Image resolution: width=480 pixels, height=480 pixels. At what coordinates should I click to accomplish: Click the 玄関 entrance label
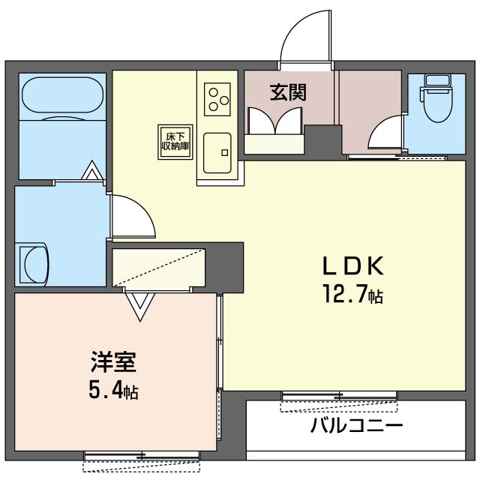tap(288, 92)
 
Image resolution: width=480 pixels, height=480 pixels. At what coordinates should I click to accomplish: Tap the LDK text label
tap(353, 265)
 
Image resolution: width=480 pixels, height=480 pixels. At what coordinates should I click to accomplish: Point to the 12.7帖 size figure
tap(353, 295)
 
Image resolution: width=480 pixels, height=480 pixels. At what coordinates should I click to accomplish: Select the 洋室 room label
tap(113, 362)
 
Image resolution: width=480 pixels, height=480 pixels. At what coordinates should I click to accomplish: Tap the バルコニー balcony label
tap(356, 425)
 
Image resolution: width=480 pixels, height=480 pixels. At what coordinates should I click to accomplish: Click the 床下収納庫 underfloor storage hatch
tap(175, 142)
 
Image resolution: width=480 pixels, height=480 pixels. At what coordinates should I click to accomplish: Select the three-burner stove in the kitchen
tap(217, 99)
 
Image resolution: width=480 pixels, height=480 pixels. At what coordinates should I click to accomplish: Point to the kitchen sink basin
tap(217, 153)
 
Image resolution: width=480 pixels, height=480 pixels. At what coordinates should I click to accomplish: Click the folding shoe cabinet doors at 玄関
tap(275, 120)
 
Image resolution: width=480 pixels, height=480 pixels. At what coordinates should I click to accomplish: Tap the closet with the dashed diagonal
tap(158, 268)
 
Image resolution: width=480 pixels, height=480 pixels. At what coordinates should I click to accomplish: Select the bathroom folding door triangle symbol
tap(92, 169)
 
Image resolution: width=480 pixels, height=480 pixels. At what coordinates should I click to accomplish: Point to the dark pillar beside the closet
tap(225, 267)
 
